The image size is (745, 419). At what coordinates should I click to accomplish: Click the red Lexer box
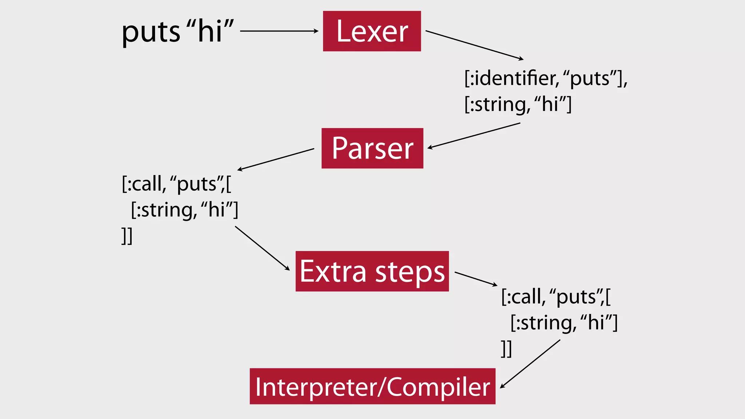click(372, 31)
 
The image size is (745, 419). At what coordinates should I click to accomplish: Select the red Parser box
click(372, 148)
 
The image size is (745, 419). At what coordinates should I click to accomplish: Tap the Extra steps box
click(372, 271)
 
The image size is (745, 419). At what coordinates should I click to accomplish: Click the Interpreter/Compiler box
click(372, 386)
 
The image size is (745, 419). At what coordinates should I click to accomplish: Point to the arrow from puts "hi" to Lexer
click(279, 31)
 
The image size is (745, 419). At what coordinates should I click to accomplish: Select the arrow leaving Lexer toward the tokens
click(474, 45)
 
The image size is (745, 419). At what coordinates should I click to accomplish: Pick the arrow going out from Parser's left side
click(276, 159)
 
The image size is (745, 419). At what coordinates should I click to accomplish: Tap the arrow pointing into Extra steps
click(262, 248)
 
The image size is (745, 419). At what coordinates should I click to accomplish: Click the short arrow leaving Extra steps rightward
click(476, 279)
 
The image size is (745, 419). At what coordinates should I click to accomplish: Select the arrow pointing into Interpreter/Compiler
click(530, 364)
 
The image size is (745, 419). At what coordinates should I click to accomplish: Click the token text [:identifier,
click(511, 78)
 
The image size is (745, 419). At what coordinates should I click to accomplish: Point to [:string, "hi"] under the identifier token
click(518, 104)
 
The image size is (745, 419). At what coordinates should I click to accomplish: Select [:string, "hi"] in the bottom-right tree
click(563, 323)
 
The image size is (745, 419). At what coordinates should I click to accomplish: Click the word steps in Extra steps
click(410, 272)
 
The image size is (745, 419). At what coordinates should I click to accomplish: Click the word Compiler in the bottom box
click(438, 387)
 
